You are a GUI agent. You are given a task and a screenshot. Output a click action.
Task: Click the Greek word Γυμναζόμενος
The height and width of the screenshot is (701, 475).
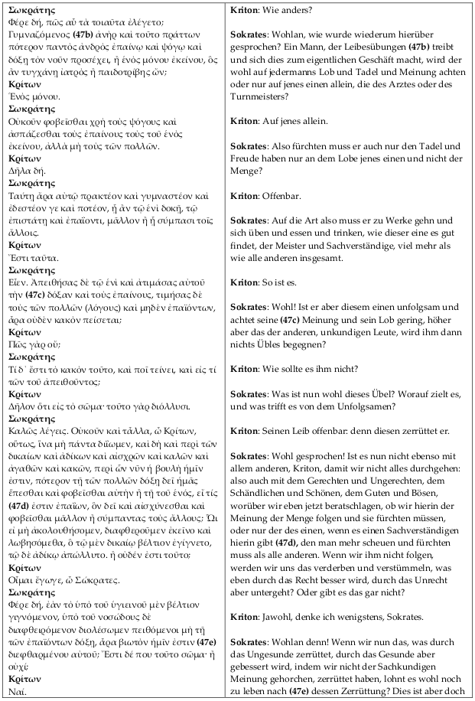coord(37,35)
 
